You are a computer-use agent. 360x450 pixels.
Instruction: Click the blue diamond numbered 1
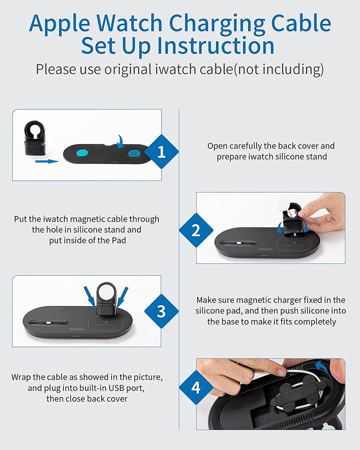pos(162,152)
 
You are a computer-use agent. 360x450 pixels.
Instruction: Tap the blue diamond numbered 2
pos(196,230)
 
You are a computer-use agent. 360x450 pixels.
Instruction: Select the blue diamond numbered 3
pos(162,311)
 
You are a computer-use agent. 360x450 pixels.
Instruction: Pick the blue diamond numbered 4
pos(196,387)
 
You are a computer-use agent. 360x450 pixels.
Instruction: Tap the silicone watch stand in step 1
pos(35,138)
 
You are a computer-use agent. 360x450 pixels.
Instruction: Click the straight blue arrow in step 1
pos(47,161)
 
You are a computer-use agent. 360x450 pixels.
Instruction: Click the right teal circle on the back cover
pos(135,153)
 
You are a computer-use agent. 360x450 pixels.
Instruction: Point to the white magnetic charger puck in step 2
pos(280,204)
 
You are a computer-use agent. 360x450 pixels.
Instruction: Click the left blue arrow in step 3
pos(90,296)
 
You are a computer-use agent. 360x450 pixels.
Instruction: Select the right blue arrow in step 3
pos(122,297)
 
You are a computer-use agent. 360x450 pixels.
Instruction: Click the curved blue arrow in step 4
pos(322,366)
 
